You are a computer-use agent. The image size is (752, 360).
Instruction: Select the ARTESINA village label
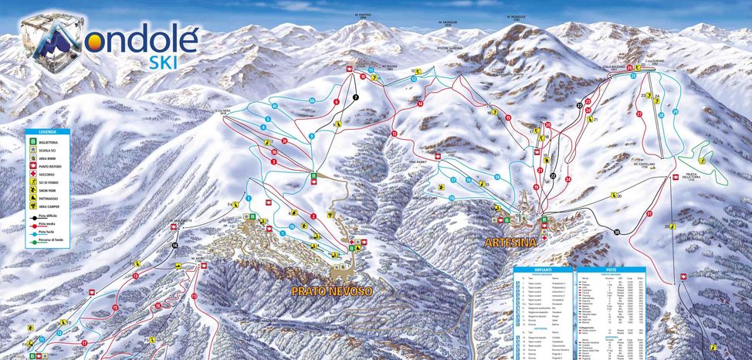(510, 242)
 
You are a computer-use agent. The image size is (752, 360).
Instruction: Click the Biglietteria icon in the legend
(32, 143)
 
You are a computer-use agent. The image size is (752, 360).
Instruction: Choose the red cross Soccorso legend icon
(32, 176)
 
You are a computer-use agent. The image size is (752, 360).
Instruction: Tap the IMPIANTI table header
(543, 270)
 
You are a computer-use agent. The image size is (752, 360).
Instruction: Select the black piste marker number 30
(617, 232)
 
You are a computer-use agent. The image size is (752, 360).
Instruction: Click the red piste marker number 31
(649, 214)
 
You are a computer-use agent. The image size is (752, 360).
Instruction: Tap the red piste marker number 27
(639, 114)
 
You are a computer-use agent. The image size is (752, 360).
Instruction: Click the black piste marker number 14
(175, 246)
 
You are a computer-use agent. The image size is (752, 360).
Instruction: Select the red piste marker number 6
(336, 102)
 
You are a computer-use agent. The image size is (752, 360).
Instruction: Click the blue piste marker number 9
(311, 136)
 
